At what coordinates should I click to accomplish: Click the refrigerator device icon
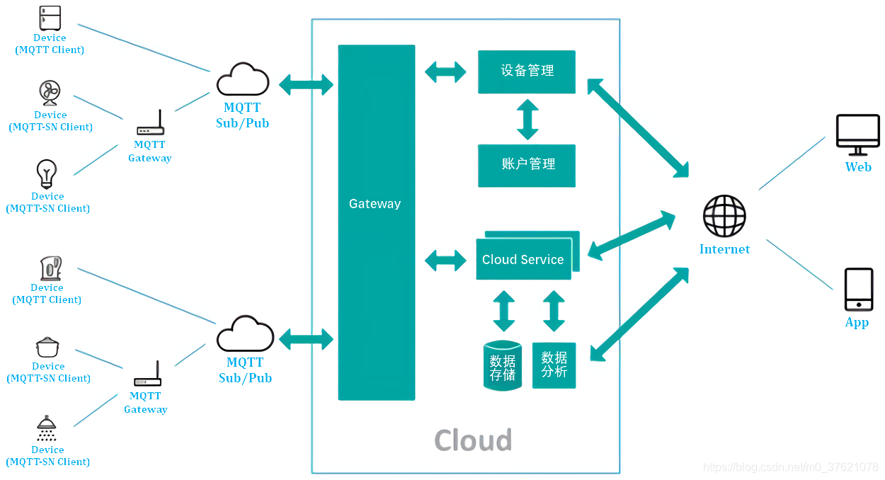pyautogui.click(x=50, y=18)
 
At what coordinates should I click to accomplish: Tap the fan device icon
pyautogui.click(x=50, y=93)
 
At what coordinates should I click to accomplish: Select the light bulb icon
pyautogui.click(x=47, y=174)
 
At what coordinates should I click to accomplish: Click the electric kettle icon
pyautogui.click(x=50, y=268)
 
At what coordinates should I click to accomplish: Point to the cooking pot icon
pyautogui.click(x=47, y=348)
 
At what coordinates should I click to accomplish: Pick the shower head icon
pyautogui.click(x=47, y=428)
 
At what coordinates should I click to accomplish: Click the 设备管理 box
pyautogui.click(x=527, y=72)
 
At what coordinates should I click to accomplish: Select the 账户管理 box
pyautogui.click(x=527, y=166)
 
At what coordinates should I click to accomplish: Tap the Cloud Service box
pyautogui.click(x=524, y=259)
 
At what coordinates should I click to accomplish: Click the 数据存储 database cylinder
pyautogui.click(x=503, y=365)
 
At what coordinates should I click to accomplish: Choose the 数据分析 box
pyautogui.click(x=554, y=365)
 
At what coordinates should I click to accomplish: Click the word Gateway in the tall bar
pyautogui.click(x=375, y=203)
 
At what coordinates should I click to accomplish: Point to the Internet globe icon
pyautogui.click(x=724, y=216)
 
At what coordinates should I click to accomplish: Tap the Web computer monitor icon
pyautogui.click(x=857, y=135)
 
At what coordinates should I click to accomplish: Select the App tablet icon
pyautogui.click(x=859, y=290)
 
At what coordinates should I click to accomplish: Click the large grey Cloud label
pyautogui.click(x=473, y=440)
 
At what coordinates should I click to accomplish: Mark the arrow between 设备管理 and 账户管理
pyautogui.click(x=528, y=120)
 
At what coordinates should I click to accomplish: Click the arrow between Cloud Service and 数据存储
pyautogui.click(x=503, y=312)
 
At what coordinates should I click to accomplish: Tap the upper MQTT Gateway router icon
pyautogui.click(x=151, y=122)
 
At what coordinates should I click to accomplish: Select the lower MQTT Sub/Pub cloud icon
pyautogui.click(x=246, y=333)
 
